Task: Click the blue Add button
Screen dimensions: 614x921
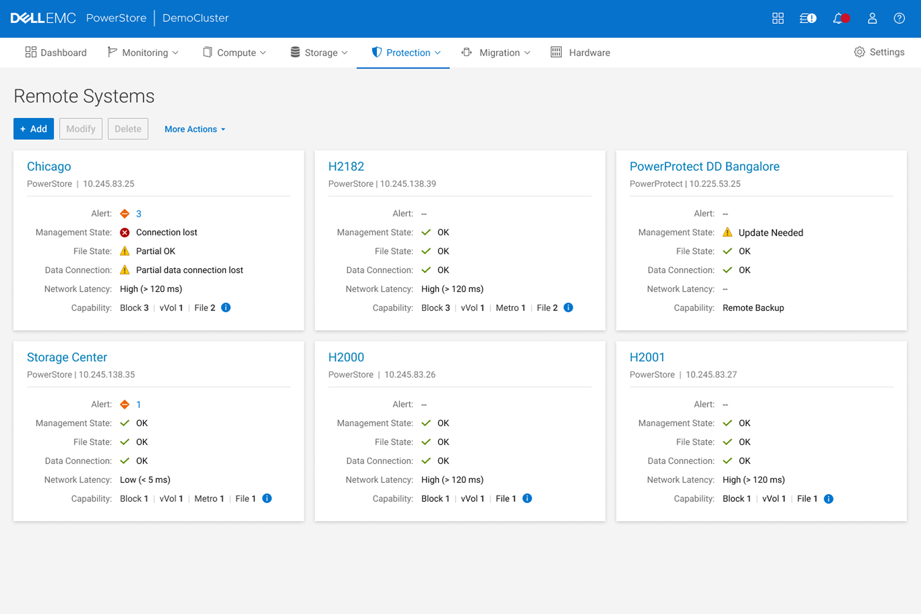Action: click(x=34, y=129)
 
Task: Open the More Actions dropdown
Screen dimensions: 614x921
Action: click(x=195, y=129)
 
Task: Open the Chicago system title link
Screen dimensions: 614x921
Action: click(x=49, y=166)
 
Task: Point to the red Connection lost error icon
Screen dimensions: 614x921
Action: click(x=125, y=233)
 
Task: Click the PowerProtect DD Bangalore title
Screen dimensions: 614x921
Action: click(x=704, y=166)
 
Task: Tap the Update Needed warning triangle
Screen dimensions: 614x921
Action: click(x=727, y=232)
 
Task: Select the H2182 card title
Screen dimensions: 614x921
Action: click(x=346, y=166)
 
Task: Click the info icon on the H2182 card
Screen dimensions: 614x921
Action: click(x=568, y=308)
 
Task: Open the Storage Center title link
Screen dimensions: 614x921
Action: click(x=67, y=357)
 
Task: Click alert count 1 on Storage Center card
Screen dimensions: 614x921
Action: click(x=139, y=405)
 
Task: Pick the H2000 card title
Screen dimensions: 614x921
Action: click(x=346, y=357)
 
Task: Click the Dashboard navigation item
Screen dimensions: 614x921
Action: click(x=56, y=53)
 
